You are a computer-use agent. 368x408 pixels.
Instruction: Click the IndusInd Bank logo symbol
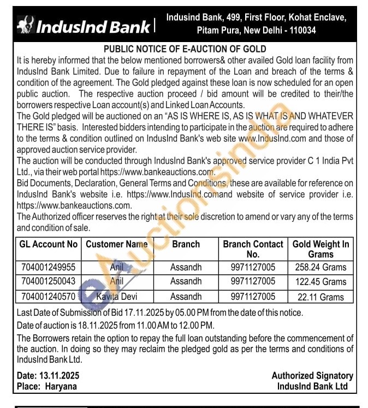coord(25,25)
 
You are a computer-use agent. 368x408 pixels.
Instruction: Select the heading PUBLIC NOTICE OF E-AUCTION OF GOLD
coord(185,49)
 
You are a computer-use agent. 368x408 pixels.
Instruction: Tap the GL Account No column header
coord(48,244)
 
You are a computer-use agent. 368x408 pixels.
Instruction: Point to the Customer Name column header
coord(117,244)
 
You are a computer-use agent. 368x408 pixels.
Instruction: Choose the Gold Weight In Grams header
coord(320,249)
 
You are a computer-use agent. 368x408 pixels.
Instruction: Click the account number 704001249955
coord(48,267)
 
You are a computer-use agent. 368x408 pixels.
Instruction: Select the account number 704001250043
coord(48,282)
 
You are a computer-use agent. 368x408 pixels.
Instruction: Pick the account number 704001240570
coord(48,297)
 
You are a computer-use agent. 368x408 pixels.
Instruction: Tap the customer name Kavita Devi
coord(116,297)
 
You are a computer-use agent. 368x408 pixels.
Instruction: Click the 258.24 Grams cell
coord(320,267)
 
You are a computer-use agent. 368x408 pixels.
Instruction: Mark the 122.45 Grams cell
coord(320,282)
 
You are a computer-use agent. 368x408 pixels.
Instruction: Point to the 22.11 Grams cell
coord(320,297)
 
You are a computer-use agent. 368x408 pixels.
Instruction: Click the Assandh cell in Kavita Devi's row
coord(186,297)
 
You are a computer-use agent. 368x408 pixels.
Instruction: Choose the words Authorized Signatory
coord(312,376)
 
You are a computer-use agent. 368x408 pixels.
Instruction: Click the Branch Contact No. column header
coord(253,249)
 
